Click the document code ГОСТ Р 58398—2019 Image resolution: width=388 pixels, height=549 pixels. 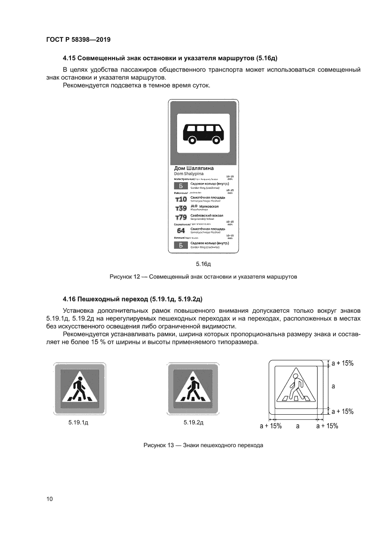pyautogui.click(x=78, y=40)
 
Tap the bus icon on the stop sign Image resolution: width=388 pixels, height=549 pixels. pyautogui.click(x=203, y=133)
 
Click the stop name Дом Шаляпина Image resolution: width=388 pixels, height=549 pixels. pyautogui.click(x=194, y=168)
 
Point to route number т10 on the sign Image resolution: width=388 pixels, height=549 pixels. pyautogui.click(x=181, y=200)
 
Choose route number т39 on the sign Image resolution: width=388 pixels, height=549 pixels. pyautogui.click(x=181, y=208)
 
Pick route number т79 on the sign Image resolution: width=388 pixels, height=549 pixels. pyautogui.click(x=181, y=217)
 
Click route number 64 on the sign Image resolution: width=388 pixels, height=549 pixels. pyautogui.click(x=181, y=231)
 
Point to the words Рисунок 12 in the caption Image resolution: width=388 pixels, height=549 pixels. pyautogui.click(x=125, y=277)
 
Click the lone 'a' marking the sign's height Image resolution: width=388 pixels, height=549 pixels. pyautogui.click(x=333, y=386)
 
